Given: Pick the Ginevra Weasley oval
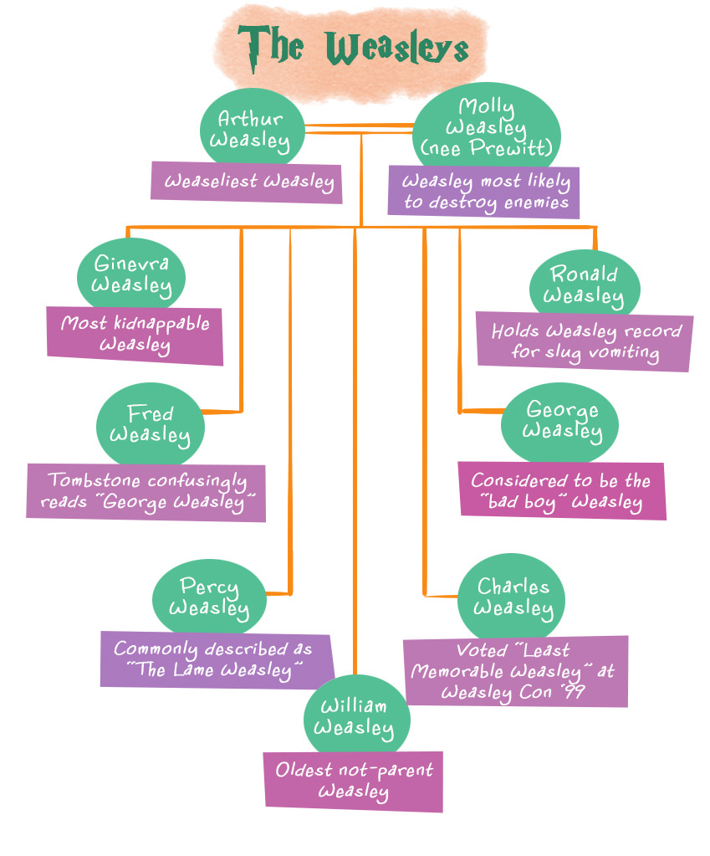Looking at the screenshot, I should pos(131,274).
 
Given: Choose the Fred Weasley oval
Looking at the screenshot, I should pos(151,423).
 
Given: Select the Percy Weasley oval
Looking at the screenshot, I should pos(209,597).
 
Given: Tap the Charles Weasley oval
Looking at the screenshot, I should pos(513,597).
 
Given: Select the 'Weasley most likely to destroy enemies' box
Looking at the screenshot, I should pos(484,192).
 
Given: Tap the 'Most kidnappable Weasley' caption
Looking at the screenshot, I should pos(135,334).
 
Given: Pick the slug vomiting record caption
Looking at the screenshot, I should pos(585,341).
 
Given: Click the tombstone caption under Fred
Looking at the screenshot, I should pos(146,492).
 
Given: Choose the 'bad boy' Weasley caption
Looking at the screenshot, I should pos(561,491).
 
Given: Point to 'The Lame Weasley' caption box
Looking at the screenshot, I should pos(216,659).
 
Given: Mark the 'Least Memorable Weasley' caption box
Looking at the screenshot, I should pos(514,671).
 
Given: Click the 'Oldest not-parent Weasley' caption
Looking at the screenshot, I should pos(354,780).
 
